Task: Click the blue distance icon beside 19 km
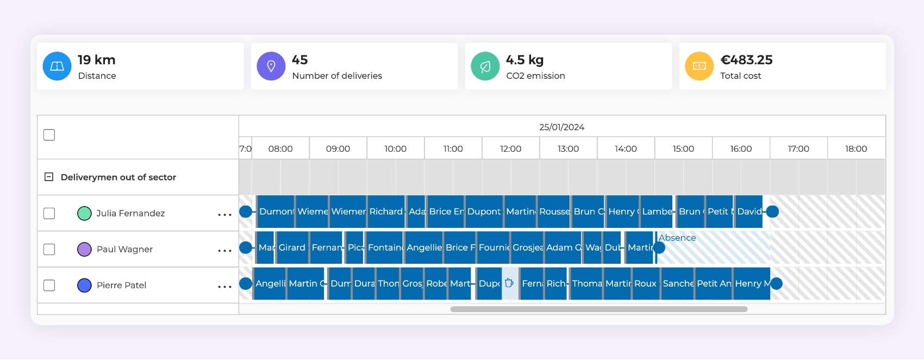coord(57,66)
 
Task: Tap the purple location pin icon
coord(271,66)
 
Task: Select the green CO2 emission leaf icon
coord(485,66)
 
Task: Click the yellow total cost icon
coord(700,66)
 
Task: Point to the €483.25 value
coord(746,60)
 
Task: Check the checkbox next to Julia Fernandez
coord(49,213)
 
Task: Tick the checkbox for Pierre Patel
coord(49,285)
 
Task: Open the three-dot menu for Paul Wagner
coord(224,251)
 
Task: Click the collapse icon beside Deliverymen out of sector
coord(49,177)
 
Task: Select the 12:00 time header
coord(510,148)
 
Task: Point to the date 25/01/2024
coord(561,127)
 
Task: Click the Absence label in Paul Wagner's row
coord(677,238)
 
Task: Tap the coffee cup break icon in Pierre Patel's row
coord(509,283)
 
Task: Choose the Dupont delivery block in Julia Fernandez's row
coord(484,212)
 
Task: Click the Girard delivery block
coord(292,247)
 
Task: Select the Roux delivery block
coord(645,283)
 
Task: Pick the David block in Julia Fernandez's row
coord(749,212)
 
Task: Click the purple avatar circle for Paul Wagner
coord(84,249)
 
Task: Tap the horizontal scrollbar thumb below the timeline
coord(598,309)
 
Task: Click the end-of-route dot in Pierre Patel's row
coord(776,283)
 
